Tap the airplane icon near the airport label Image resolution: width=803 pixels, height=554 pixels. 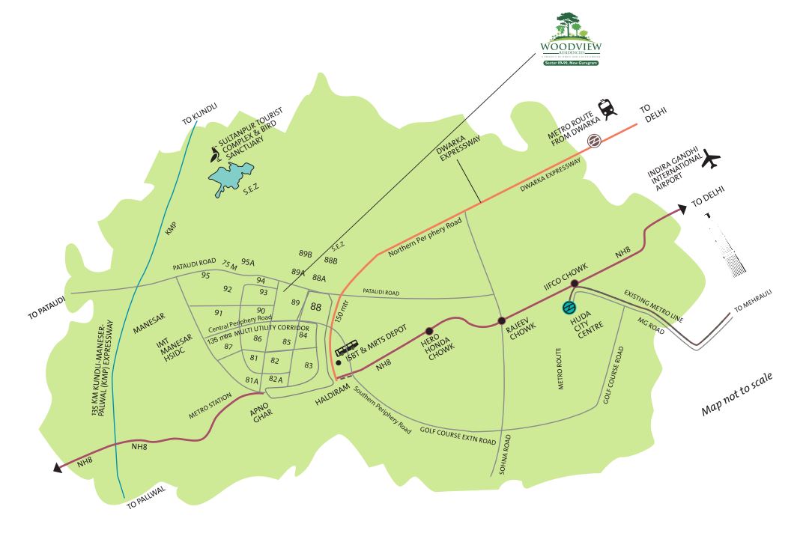coord(711,159)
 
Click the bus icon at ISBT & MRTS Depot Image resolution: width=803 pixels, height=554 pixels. coord(347,349)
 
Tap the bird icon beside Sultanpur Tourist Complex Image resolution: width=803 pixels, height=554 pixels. coord(216,155)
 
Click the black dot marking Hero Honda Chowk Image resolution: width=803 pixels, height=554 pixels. coord(430,331)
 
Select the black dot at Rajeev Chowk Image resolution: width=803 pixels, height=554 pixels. coord(502,321)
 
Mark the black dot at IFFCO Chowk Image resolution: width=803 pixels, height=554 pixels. coord(574,283)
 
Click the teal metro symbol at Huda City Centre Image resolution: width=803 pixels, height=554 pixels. coord(569,308)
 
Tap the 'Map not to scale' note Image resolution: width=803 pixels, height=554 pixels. coord(736,394)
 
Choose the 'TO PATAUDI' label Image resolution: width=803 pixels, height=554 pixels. coord(47,309)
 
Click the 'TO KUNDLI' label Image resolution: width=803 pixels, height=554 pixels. coord(199,115)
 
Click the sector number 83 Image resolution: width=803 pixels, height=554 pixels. coord(309,365)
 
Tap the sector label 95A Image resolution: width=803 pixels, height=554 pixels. coord(248,263)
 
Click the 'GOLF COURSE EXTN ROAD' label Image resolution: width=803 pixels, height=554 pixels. coord(458,434)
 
